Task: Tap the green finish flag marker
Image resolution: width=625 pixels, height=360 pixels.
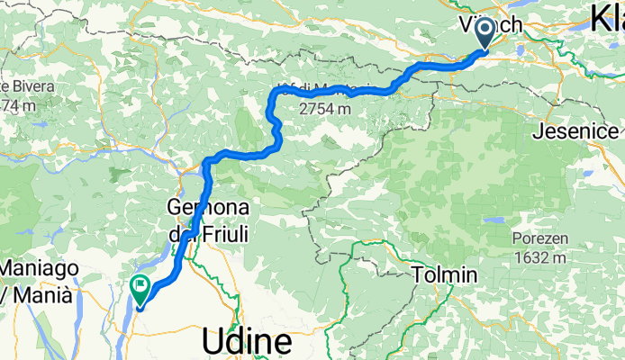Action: [x=141, y=289]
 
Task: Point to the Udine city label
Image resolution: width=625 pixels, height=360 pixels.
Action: [x=247, y=342]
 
